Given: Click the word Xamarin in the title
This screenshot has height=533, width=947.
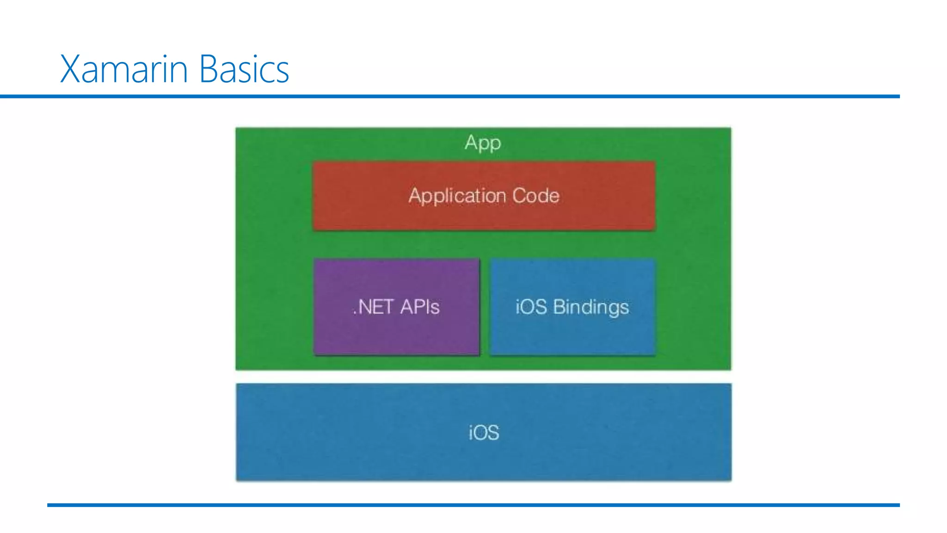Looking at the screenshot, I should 123,69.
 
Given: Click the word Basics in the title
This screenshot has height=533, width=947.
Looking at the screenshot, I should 244,69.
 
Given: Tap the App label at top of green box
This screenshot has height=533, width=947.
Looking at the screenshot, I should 483,143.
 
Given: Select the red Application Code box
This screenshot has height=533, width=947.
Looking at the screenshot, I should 484,217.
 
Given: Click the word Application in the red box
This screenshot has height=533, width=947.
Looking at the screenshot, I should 457,196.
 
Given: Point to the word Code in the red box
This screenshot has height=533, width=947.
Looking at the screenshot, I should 536,195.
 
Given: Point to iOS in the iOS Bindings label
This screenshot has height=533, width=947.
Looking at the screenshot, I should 531,307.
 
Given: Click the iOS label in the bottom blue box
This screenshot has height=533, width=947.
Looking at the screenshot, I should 484,433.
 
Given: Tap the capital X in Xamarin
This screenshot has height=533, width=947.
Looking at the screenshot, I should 71,69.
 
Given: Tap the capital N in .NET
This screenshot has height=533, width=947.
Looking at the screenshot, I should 365,307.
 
